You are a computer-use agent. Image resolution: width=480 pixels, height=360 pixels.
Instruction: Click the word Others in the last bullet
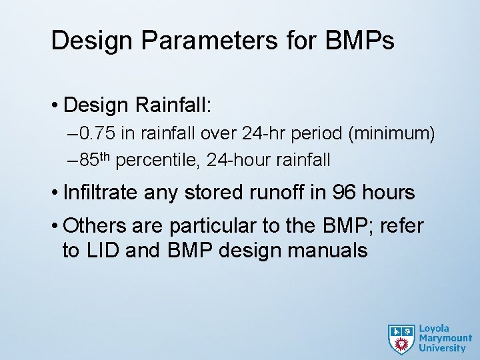coord(93,226)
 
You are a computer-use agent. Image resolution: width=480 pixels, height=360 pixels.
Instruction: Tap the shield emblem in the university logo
coord(401,339)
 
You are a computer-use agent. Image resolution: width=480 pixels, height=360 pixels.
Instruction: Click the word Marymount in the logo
coord(445,338)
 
